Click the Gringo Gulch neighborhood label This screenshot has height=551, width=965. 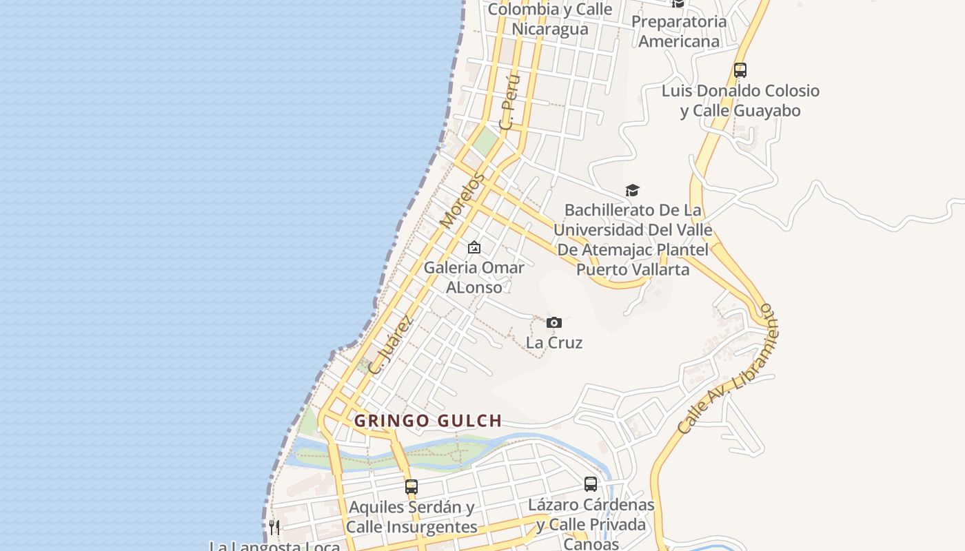[x=427, y=421]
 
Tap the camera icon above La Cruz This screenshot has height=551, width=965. [x=554, y=322]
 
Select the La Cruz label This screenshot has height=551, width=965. [x=554, y=342]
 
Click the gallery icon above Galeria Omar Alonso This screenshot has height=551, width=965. [x=474, y=247]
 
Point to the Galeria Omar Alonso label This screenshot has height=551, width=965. [x=474, y=277]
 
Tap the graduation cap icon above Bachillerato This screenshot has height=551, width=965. [x=632, y=190]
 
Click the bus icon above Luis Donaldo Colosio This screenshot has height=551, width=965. [x=740, y=70]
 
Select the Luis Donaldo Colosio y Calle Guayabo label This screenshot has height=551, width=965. [x=740, y=101]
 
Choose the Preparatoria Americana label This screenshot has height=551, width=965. [x=679, y=31]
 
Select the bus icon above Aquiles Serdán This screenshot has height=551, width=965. [x=412, y=486]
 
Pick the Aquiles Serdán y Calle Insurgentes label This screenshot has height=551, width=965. [x=412, y=517]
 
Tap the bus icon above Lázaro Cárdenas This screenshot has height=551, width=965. [x=591, y=484]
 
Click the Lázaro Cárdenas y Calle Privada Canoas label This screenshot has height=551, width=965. [x=591, y=524]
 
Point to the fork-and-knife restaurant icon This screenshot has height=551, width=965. [x=274, y=528]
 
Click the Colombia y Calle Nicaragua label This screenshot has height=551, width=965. [x=550, y=19]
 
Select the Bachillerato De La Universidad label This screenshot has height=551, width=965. [x=633, y=239]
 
